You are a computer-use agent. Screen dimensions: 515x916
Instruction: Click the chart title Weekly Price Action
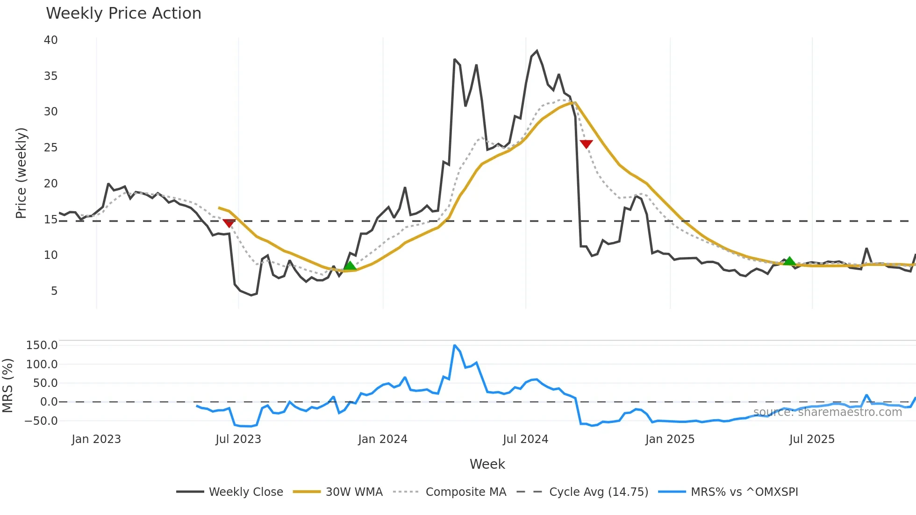click(123, 14)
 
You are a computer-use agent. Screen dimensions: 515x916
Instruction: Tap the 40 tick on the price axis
click(51, 40)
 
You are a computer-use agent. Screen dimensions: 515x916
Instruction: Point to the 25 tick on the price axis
click(51, 148)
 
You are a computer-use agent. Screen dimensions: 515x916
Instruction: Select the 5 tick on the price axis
click(54, 291)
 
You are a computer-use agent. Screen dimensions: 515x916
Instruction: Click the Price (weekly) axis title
click(21, 173)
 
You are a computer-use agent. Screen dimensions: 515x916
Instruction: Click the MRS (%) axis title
click(7, 386)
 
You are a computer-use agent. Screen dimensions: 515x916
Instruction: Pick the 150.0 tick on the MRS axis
click(42, 345)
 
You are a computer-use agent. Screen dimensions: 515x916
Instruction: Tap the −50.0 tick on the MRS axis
click(41, 421)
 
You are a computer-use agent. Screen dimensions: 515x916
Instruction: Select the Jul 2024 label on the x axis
click(525, 439)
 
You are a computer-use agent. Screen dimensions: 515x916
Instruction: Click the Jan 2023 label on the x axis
click(96, 439)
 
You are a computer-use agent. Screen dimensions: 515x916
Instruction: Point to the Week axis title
click(487, 464)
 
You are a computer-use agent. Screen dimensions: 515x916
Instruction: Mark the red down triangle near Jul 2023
click(229, 223)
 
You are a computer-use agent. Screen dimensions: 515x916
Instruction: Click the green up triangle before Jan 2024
click(350, 266)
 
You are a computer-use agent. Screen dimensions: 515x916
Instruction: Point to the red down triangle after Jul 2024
click(586, 144)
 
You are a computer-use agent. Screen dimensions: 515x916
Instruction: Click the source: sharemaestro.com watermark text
click(827, 412)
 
